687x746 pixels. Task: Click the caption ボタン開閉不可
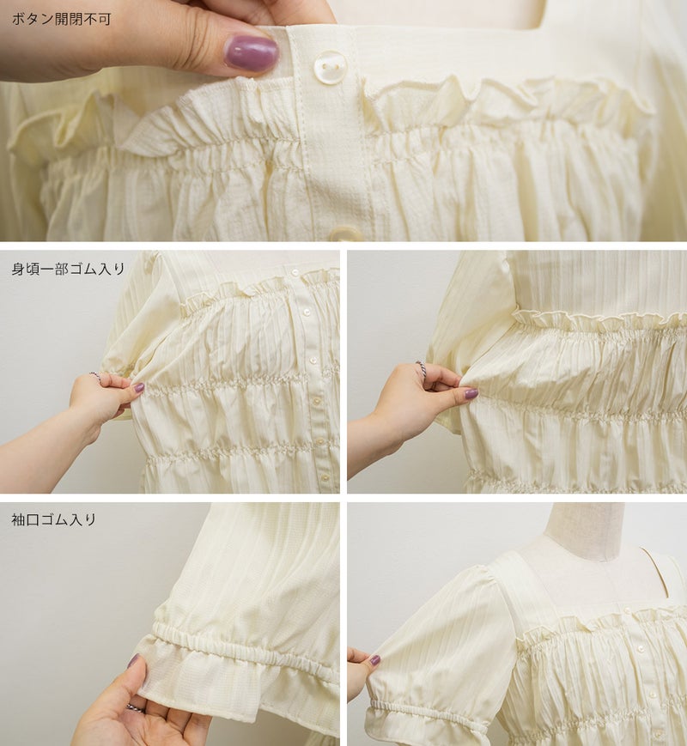(x=61, y=19)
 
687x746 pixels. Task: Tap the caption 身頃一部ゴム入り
(x=68, y=269)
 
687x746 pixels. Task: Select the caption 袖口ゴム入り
(x=53, y=519)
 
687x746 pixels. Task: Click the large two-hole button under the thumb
(x=329, y=67)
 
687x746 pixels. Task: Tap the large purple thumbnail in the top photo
(x=251, y=53)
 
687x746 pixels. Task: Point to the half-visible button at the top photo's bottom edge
(x=345, y=234)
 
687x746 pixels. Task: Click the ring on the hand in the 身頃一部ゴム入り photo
(x=95, y=376)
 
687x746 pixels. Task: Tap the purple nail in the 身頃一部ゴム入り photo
(x=139, y=388)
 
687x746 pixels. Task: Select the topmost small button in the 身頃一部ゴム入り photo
(x=295, y=273)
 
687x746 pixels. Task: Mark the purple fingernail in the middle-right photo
(x=471, y=393)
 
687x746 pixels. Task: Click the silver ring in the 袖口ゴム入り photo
(x=135, y=708)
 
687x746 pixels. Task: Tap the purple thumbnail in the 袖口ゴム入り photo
(x=133, y=661)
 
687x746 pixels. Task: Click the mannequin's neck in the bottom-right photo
(x=584, y=524)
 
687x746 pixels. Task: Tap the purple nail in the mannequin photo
(x=375, y=660)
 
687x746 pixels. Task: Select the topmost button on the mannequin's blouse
(x=627, y=611)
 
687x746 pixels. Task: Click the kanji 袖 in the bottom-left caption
(x=18, y=519)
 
